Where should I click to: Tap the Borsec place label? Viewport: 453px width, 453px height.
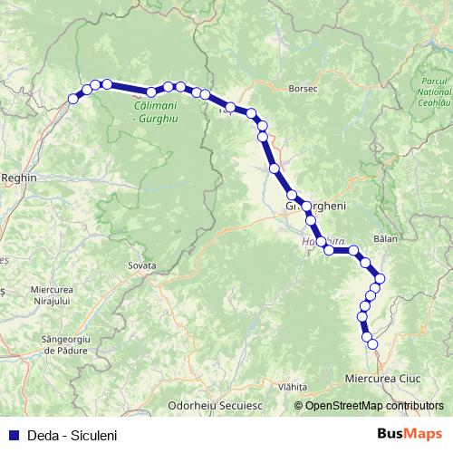[x=298, y=89]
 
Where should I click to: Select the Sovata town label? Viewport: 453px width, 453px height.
[x=142, y=265]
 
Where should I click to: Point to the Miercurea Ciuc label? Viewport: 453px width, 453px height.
[x=385, y=374]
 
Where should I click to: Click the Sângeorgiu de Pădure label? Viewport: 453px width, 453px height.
[x=55, y=343]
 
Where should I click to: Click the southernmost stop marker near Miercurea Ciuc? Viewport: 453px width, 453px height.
[x=371, y=343]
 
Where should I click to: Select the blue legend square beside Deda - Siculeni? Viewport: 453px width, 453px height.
[x=12, y=435]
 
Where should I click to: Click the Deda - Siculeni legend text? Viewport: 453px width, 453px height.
[x=71, y=435]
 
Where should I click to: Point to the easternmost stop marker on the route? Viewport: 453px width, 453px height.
[x=381, y=278]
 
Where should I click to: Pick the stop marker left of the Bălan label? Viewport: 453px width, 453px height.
[x=354, y=250]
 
